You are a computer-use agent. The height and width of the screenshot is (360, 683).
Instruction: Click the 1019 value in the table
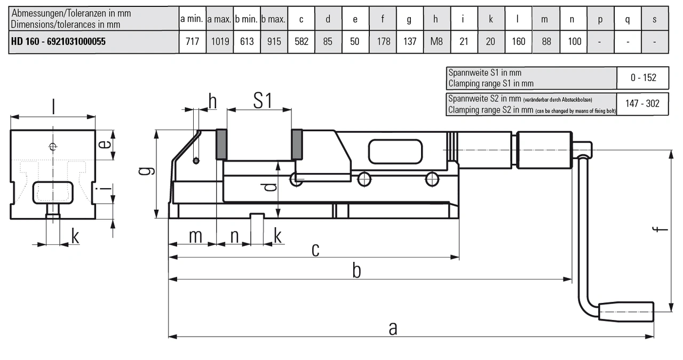click(219, 42)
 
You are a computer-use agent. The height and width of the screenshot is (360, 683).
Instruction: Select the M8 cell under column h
click(436, 42)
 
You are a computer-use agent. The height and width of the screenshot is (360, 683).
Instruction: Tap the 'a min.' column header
click(192, 19)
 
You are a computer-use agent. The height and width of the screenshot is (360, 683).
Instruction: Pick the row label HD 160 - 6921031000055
click(58, 42)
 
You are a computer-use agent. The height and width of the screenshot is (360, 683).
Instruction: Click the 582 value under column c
click(301, 42)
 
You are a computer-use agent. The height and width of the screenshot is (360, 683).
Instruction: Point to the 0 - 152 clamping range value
click(642, 78)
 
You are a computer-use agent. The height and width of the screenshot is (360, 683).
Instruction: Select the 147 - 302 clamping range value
click(642, 103)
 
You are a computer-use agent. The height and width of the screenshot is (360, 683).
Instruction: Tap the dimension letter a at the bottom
click(393, 329)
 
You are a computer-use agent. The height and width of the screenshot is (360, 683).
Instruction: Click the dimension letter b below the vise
click(356, 271)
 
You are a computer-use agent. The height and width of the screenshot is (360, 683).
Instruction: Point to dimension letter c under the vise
click(315, 249)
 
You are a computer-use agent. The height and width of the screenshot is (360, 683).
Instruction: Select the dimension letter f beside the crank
click(662, 229)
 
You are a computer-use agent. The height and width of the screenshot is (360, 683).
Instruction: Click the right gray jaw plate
click(297, 144)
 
